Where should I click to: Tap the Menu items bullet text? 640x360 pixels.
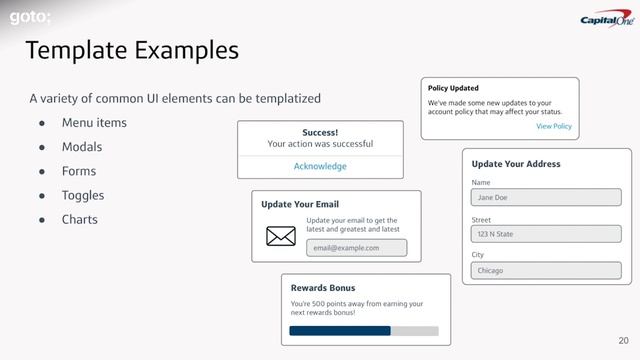click(x=94, y=123)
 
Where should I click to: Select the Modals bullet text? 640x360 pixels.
click(x=82, y=147)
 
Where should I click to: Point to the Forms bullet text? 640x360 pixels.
click(x=79, y=171)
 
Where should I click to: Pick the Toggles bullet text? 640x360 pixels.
click(x=83, y=195)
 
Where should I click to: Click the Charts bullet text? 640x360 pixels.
click(x=80, y=219)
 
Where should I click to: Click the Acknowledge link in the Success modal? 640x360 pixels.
click(x=320, y=166)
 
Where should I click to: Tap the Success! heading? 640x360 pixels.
click(x=320, y=132)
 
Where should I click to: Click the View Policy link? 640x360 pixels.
click(x=554, y=127)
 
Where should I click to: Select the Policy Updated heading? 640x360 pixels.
click(x=459, y=88)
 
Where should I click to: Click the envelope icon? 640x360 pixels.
click(x=281, y=236)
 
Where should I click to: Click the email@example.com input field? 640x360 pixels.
click(x=356, y=248)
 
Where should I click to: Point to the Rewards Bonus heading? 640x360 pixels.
click(x=322, y=288)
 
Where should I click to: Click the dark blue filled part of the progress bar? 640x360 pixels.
click(x=340, y=330)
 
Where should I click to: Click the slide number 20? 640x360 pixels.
click(x=624, y=341)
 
